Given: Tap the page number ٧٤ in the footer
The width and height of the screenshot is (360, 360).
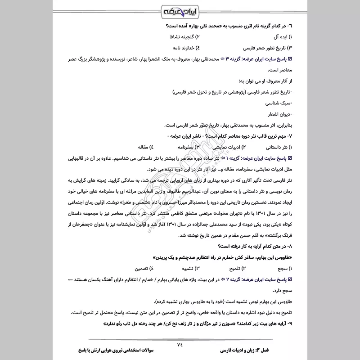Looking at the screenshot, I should [x=180, y=344].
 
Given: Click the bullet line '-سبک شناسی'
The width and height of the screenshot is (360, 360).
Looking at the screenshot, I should [x=277, y=103].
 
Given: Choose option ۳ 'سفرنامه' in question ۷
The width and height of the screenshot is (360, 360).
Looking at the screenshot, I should [x=181, y=147].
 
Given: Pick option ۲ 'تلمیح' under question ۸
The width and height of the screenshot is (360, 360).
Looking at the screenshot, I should [x=234, y=269].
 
